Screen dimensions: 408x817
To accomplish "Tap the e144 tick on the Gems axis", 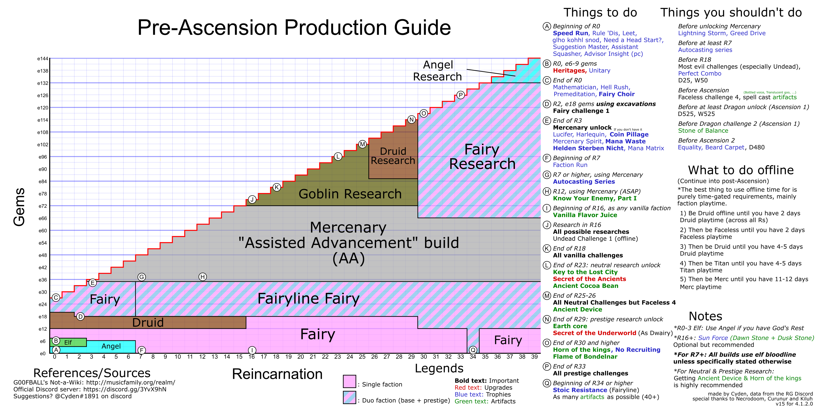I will pyautogui.click(x=43, y=59).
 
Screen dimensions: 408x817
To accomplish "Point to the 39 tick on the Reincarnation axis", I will pyautogui.click(x=534, y=357).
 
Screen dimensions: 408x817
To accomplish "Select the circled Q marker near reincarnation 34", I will pyautogui.click(x=473, y=350).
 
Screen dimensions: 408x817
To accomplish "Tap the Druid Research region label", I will pyautogui.click(x=393, y=156).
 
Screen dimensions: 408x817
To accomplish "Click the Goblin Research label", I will pyautogui.click(x=350, y=194).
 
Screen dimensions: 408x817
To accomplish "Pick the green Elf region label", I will pyautogui.click(x=68, y=343).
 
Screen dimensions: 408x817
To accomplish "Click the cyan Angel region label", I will pyautogui.click(x=111, y=346).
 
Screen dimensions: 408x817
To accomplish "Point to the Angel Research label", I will pyautogui.click(x=438, y=71).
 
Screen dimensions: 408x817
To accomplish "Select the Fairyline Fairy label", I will pyautogui.click(x=308, y=298).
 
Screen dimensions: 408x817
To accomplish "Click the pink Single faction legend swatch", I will pyautogui.click(x=349, y=381).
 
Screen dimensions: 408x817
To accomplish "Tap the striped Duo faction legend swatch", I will pyautogui.click(x=349, y=398).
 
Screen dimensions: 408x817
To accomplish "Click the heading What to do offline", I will pyautogui.click(x=741, y=170).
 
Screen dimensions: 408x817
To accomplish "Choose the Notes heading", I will pyautogui.click(x=705, y=316).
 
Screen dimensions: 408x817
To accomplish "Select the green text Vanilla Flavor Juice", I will pyautogui.click(x=585, y=215).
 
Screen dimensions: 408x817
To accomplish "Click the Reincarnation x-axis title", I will pyautogui.click(x=277, y=374).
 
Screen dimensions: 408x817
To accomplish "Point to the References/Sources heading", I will pyautogui.click(x=92, y=373).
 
